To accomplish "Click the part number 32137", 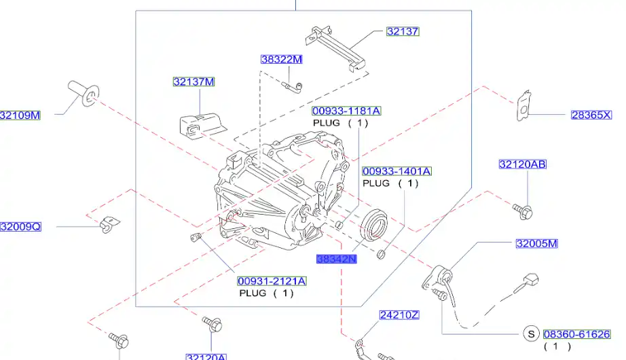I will click(x=403, y=31).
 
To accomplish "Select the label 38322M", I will click(x=281, y=59).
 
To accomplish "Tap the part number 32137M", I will click(x=193, y=82).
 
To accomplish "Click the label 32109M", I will click(x=20, y=115).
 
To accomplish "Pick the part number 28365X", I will click(x=591, y=115).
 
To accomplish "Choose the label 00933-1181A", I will click(x=346, y=111).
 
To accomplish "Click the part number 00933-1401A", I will click(x=397, y=171).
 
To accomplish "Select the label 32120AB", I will click(x=522, y=164).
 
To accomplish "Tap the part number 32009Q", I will click(x=20, y=227).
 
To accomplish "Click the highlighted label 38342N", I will click(x=336, y=259).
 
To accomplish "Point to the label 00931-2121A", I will click(x=272, y=281).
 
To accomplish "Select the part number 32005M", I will click(x=536, y=243).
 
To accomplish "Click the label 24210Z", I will click(x=399, y=314).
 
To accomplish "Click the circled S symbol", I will click(x=532, y=334).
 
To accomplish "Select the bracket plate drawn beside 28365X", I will click(x=522, y=105).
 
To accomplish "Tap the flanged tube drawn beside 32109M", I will click(x=83, y=94).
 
